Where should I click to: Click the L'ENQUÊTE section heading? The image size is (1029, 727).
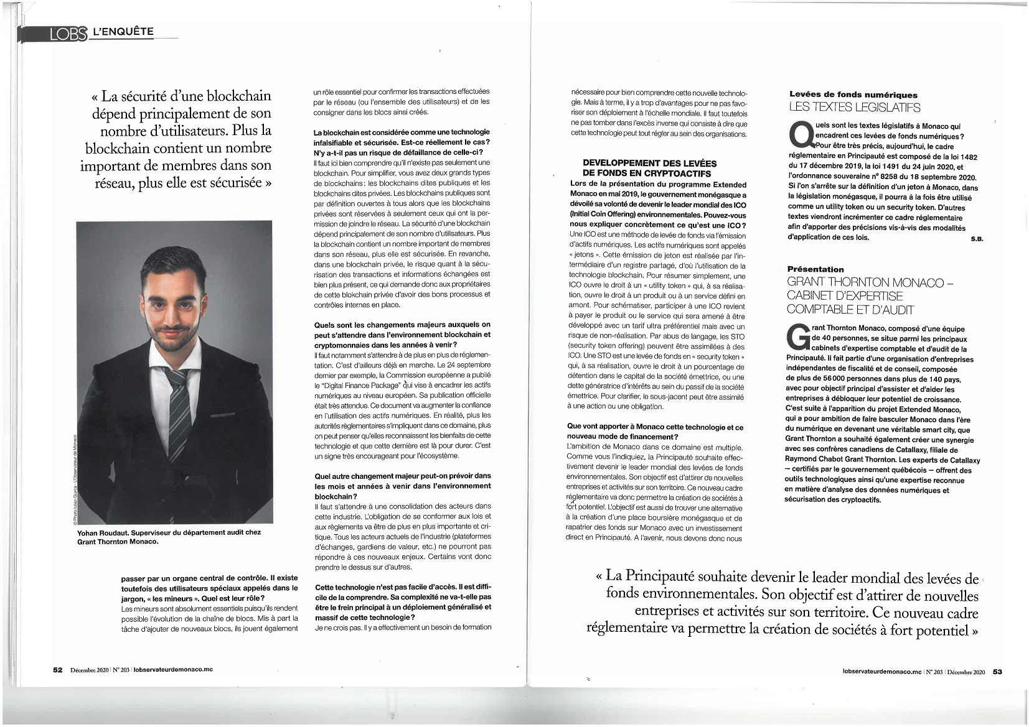pos(123,31)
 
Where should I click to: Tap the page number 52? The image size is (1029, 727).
pos(58,670)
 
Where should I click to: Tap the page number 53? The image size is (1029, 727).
pos(997,672)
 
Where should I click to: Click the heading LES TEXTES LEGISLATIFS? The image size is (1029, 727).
pos(854,108)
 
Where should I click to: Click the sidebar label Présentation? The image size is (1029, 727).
pos(815,269)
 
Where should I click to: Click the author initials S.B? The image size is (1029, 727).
pos(977,239)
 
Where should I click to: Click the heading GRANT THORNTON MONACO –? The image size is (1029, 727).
pos(870,282)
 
